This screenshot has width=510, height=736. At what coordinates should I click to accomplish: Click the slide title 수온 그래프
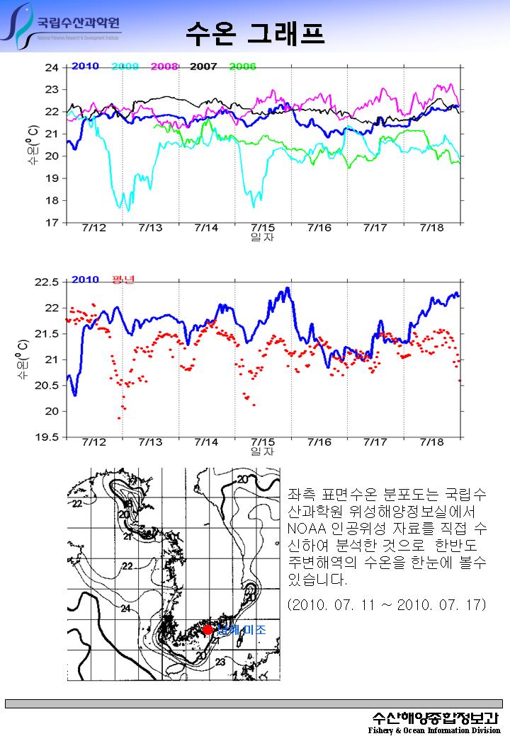click(256, 32)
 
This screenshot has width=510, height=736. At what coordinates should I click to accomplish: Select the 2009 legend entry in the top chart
click(125, 67)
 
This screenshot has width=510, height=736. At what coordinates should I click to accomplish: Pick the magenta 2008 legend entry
click(164, 67)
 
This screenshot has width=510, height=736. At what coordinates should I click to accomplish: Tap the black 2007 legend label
click(203, 67)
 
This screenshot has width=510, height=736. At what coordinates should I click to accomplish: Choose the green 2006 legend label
click(242, 67)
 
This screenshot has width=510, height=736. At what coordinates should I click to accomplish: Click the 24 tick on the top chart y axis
click(52, 68)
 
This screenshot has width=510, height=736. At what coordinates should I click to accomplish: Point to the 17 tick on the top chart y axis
click(52, 223)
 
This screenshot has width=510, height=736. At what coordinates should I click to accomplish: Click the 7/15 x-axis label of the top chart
click(263, 228)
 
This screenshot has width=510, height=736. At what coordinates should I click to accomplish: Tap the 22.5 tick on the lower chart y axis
click(47, 282)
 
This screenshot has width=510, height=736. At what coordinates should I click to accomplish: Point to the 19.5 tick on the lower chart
click(47, 437)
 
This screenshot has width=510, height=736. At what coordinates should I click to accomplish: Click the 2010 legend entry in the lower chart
click(85, 280)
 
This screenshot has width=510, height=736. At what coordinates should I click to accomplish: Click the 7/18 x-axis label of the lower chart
click(431, 442)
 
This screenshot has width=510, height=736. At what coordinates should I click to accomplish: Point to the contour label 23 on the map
click(220, 662)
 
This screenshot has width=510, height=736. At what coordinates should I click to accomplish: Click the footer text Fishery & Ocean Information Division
click(433, 730)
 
